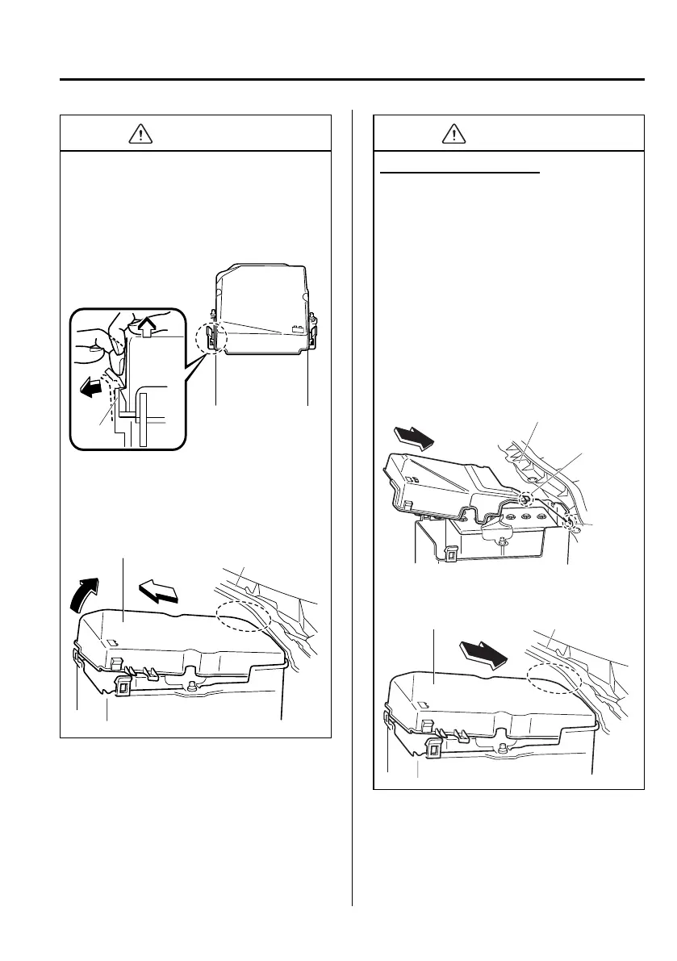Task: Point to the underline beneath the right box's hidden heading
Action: pyautogui.click(x=459, y=172)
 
